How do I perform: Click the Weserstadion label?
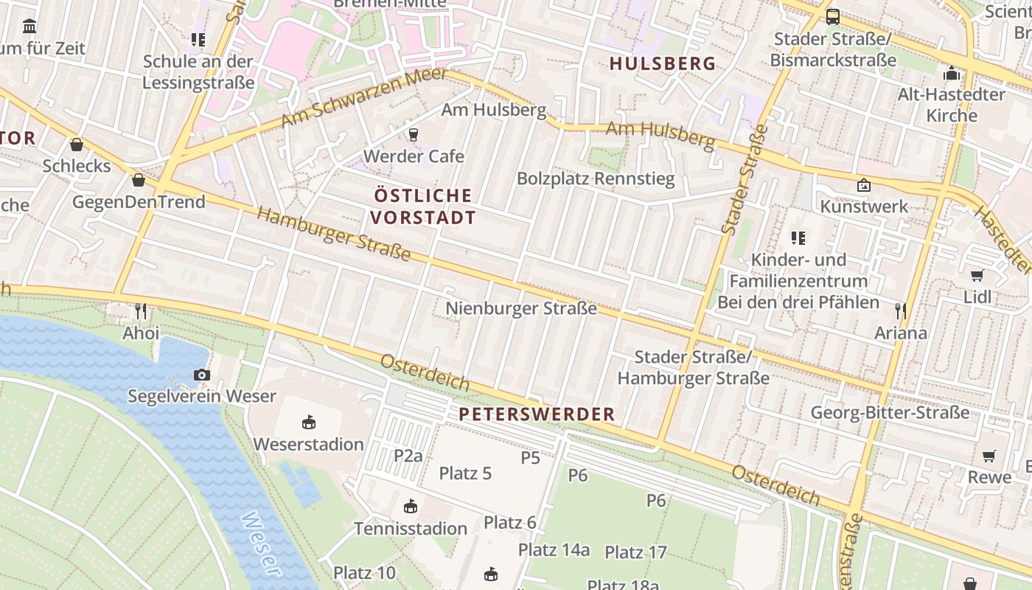308,444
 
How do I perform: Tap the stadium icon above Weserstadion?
308,423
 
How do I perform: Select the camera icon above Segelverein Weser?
201,375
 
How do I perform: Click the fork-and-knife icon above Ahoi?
141,311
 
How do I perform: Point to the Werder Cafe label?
414,156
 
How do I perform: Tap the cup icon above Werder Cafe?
413,134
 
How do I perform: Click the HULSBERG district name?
663,63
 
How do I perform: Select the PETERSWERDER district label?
537,414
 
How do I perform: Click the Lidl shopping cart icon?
977,275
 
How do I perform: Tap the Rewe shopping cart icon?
989,456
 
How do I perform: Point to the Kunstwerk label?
864,206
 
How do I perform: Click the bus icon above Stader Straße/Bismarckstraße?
832,16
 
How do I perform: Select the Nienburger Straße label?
521,308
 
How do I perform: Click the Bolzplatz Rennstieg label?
596,178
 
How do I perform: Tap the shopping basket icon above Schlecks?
77,145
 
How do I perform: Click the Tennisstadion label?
411,528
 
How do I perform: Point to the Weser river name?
261,544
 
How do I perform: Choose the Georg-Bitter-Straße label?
890,412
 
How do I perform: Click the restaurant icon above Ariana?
900,311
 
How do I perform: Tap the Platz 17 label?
635,552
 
